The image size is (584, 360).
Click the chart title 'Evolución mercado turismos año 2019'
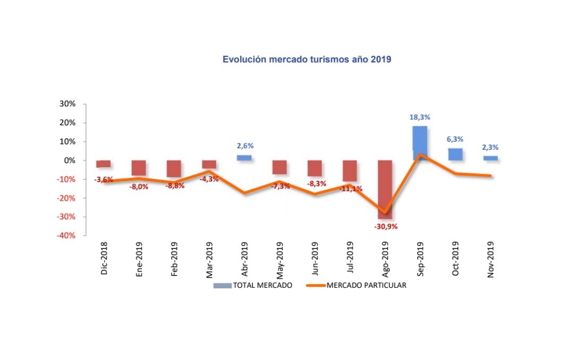(x=307, y=59)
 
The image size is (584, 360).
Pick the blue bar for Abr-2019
(x=244, y=158)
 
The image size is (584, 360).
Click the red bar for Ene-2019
(x=139, y=167)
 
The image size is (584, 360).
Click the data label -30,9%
(x=385, y=226)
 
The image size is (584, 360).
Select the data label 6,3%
(x=455, y=139)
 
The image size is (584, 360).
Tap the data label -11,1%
(x=350, y=188)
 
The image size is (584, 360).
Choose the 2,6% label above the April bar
(x=244, y=145)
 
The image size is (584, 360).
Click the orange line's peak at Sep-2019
(x=420, y=155)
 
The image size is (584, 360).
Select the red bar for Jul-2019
(x=350, y=170)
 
